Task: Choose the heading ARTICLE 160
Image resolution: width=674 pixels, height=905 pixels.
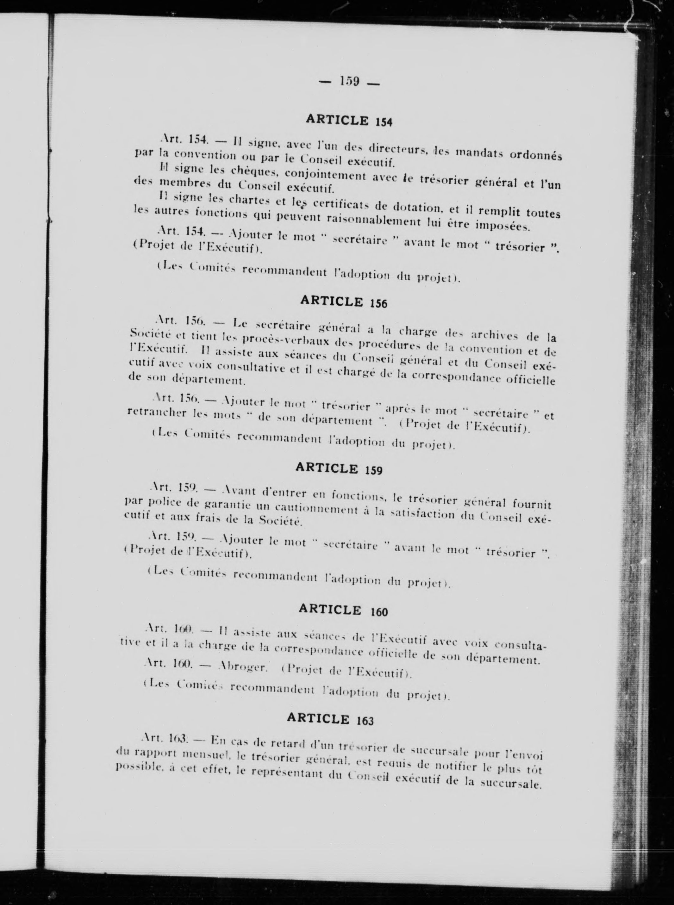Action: point(343,610)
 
